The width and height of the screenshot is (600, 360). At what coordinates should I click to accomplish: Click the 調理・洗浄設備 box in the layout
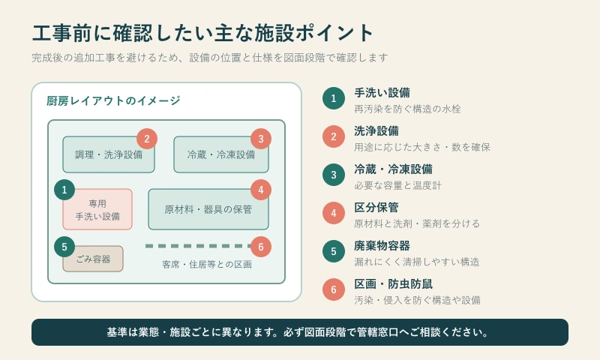109,154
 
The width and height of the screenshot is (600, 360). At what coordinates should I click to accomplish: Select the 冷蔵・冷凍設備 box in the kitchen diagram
221,154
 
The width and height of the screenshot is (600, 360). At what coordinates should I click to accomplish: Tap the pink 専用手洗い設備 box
97,209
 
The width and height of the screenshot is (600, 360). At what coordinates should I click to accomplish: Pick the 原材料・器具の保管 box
208,209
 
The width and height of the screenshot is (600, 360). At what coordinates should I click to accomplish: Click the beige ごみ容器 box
93,259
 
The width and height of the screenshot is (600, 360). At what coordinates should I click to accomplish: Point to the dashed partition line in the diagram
198,246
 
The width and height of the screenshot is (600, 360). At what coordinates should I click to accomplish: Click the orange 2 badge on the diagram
147,139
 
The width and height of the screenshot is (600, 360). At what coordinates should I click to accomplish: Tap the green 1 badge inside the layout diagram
64,190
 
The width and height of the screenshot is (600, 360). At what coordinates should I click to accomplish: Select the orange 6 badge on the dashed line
261,247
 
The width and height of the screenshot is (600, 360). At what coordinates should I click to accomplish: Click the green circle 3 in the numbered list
334,175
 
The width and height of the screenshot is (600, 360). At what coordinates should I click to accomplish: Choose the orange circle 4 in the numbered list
334,213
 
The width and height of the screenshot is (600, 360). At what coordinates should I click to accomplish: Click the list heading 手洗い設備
382,92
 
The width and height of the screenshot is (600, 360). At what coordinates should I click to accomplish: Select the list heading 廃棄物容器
382,245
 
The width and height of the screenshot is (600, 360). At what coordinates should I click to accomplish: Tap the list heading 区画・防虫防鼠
393,283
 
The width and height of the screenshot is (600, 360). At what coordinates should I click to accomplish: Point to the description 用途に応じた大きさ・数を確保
422,147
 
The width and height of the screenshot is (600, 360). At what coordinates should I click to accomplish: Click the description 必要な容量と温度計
398,185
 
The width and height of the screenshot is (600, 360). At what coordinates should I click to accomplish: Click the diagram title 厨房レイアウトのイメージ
113,100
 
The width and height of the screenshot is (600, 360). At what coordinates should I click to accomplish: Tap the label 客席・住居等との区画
207,264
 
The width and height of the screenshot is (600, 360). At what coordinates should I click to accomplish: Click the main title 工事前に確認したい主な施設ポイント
202,33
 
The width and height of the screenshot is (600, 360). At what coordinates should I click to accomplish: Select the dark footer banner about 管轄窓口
300,332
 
